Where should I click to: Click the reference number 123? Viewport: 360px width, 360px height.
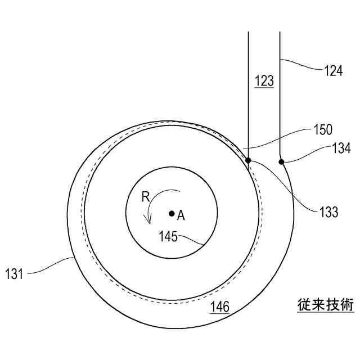[x=264, y=81]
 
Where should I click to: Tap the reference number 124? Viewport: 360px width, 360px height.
[x=333, y=71]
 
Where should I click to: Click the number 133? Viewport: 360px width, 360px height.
[x=328, y=211]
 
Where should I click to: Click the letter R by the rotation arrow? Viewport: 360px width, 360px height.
[x=145, y=197]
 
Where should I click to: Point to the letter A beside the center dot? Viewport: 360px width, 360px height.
[x=181, y=215]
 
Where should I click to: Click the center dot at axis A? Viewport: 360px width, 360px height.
[x=172, y=214]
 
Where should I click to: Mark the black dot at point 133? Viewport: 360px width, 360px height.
[x=248, y=160]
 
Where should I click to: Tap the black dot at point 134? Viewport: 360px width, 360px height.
[x=281, y=162]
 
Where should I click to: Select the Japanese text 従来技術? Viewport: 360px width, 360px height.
[x=326, y=305]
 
